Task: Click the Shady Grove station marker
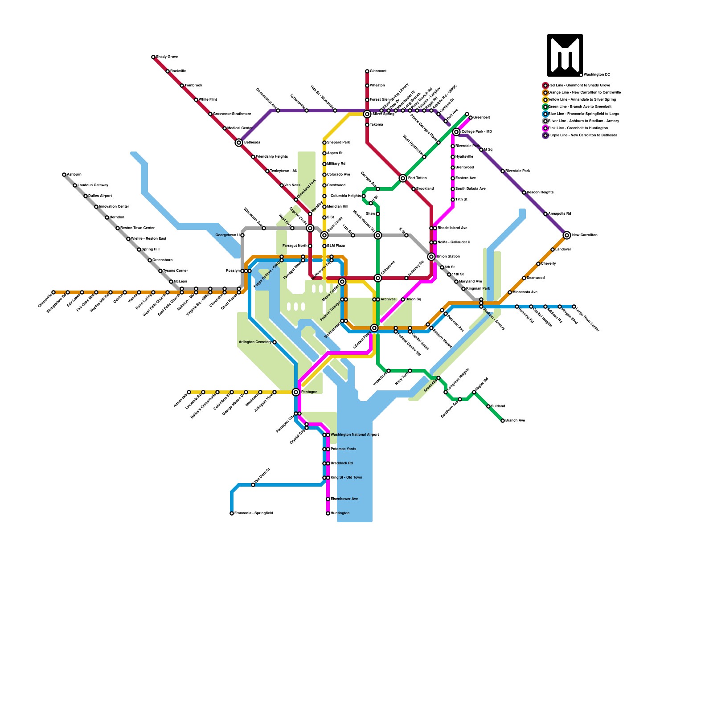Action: coord(153,57)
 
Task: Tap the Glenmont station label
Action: coord(378,71)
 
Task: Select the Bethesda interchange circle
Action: coord(239,143)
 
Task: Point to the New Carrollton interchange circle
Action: coord(567,235)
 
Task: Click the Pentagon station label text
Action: coord(309,392)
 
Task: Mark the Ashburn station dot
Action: coord(64,175)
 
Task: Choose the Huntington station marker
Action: coord(328,513)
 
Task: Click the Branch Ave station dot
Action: coord(503,421)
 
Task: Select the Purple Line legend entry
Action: coord(582,135)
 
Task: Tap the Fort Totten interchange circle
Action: coord(403,178)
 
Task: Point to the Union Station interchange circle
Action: coord(431,257)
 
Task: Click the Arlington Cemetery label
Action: coord(255,342)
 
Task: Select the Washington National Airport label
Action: coord(354,435)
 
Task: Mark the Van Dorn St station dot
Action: coord(253,485)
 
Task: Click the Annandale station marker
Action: coord(189,392)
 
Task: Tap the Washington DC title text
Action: coord(597,75)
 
